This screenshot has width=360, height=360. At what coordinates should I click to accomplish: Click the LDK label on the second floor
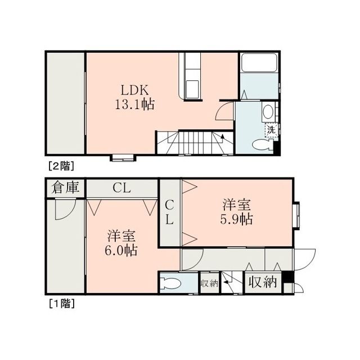point(135,90)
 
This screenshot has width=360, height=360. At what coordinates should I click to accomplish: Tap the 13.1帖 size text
point(135,105)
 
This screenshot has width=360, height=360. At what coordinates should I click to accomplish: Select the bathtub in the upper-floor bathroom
point(259,62)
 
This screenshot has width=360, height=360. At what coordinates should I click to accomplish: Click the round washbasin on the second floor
point(268,112)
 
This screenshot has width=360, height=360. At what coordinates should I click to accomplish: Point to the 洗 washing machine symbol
point(271,130)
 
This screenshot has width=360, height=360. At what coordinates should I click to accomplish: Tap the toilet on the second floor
point(262,145)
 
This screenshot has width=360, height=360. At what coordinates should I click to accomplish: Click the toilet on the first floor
point(170,283)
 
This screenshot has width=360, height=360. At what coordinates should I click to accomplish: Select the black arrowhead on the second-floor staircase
point(222,137)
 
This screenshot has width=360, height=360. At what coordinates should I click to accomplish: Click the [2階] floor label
point(61,166)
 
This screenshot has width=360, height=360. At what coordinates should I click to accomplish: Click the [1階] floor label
point(62,304)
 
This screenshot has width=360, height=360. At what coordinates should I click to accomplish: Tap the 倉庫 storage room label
point(65,187)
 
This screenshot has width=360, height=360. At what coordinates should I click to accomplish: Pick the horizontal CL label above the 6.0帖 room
point(121,188)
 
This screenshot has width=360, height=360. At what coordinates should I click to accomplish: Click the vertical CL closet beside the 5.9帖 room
point(169,213)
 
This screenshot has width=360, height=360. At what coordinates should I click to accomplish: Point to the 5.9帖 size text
point(236,219)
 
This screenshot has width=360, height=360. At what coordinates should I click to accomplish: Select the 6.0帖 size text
point(121,250)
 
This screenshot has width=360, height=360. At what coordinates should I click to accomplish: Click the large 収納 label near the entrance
point(263,282)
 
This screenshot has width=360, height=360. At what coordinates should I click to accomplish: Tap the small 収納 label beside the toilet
point(209,283)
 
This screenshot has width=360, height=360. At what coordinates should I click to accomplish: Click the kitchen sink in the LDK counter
point(192,89)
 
